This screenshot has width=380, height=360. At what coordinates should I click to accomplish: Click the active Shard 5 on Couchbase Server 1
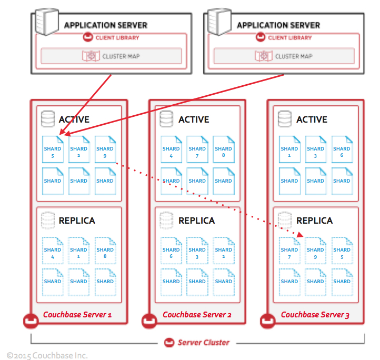[x=53, y=149]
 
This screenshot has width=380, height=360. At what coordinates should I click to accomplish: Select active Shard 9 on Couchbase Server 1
[x=105, y=149]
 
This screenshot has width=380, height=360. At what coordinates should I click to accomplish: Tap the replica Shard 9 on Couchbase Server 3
[x=315, y=251]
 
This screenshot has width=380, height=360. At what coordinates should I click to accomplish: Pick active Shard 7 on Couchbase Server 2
[x=197, y=149]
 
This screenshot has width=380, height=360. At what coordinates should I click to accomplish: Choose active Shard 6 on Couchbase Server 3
[x=342, y=149]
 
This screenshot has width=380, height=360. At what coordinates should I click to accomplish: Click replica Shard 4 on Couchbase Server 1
[x=53, y=251]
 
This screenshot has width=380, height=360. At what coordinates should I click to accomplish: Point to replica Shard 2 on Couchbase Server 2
[x=223, y=251]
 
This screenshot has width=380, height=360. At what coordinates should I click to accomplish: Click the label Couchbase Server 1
[x=77, y=315]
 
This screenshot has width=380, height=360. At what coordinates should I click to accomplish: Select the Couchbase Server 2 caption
[x=197, y=315]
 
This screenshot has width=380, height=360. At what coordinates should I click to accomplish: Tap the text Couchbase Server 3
[x=315, y=315]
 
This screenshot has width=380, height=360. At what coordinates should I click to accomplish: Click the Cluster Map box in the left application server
[x=111, y=56]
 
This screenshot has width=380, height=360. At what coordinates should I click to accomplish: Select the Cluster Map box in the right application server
[x=284, y=56]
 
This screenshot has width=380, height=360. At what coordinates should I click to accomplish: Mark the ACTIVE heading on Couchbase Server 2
[x=193, y=119]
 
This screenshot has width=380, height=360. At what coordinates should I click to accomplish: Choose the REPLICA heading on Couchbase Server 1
[x=77, y=221]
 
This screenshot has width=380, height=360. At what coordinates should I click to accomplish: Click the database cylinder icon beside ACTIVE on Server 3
[x=284, y=119]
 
